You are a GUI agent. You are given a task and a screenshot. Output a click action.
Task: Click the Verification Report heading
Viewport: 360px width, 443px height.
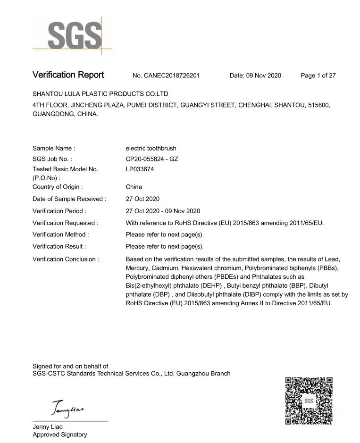68,75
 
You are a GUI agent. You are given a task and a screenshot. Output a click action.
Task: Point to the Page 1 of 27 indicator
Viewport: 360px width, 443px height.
318,75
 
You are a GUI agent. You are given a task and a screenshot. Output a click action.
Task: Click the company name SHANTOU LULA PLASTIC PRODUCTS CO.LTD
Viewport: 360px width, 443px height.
100,94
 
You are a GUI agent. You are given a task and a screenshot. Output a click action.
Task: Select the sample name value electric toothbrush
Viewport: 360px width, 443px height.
151,148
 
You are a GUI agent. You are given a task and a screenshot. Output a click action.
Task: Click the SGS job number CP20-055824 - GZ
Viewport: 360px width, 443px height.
151,159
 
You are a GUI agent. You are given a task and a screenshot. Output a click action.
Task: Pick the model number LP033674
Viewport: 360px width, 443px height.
140,169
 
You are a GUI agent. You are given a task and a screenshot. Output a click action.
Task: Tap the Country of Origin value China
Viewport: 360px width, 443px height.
134,187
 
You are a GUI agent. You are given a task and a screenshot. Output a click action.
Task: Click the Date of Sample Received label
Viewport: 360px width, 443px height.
69,199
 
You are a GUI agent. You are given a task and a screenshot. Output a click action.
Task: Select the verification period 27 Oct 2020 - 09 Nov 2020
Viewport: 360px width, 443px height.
163,211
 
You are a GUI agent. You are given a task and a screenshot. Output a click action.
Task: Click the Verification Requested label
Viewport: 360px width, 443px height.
65,223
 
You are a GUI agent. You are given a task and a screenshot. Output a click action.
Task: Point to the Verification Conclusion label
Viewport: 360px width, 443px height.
66,259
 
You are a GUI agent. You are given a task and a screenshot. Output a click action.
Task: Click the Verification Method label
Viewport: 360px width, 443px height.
60,234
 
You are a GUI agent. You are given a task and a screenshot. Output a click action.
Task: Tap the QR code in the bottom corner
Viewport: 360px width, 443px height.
309,401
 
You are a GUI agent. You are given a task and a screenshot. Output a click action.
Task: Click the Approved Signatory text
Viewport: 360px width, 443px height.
59,435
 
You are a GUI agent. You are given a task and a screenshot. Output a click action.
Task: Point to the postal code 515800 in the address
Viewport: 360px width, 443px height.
318,105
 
